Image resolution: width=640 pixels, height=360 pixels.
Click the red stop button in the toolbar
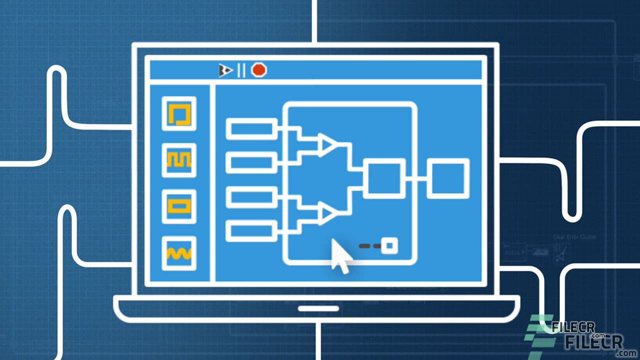tap(258, 70)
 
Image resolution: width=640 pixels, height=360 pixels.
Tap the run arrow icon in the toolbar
tap(225, 70)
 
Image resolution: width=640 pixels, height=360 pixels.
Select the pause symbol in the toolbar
tap(241, 70)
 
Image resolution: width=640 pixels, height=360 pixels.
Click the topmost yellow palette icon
tap(179, 114)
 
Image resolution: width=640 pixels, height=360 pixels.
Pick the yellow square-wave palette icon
tap(179, 160)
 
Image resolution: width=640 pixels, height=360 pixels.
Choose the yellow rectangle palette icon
tap(179, 206)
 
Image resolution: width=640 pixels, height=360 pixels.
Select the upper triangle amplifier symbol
tap(328, 144)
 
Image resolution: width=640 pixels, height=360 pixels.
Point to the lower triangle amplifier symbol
tap(328, 213)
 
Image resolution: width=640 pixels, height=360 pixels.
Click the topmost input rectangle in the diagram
tap(251, 129)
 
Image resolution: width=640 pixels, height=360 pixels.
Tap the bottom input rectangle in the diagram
tap(251, 230)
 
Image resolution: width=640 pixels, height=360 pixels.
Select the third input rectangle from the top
tap(251, 197)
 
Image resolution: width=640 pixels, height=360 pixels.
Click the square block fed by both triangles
tap(384, 178)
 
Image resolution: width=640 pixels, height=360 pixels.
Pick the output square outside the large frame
tap(448, 178)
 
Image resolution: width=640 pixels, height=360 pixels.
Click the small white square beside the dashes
tap(389, 245)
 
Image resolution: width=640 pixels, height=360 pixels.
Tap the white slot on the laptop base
tap(318, 308)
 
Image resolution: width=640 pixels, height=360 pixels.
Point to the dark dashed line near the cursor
tap(370, 245)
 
